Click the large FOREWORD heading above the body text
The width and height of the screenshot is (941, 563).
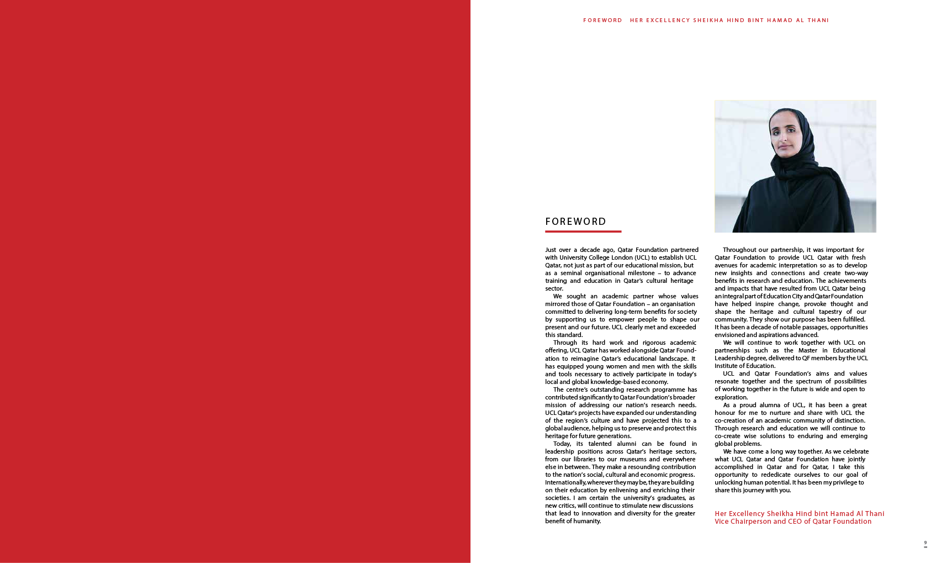(575, 222)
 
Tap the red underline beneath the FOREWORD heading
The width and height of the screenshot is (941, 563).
(583, 231)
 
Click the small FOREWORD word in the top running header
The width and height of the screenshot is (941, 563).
(602, 20)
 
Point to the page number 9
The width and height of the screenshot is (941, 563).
(926, 543)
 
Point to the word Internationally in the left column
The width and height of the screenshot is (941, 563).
(565, 482)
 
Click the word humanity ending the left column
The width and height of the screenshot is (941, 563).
(586, 521)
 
